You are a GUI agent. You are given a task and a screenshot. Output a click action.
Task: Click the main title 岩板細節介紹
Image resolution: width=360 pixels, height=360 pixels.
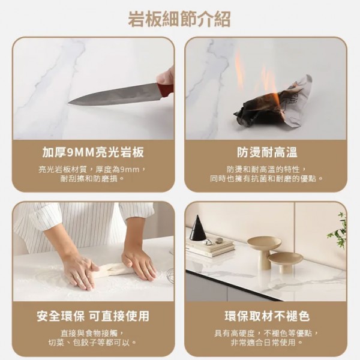tap(179, 19)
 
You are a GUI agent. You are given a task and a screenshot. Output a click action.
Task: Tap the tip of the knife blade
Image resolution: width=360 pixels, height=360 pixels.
tap(68, 104)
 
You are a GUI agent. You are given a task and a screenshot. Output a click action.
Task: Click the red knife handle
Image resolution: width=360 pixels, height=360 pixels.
tap(166, 89)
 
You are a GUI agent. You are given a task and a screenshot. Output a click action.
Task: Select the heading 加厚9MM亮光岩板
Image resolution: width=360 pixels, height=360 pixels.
tap(93, 152)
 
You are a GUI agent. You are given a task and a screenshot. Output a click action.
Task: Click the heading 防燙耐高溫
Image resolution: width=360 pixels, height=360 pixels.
tap(267, 152)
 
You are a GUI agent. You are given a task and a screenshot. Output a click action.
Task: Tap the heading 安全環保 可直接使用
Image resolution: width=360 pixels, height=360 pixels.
tap(93, 316)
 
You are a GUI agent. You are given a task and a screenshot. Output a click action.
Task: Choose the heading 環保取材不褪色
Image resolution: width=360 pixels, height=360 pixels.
tap(267, 316)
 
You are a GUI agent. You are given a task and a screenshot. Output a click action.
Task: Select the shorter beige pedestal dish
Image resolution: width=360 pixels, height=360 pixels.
tap(283, 262)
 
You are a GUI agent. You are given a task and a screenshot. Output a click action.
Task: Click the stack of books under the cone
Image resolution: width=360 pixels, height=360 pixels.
tap(210, 248)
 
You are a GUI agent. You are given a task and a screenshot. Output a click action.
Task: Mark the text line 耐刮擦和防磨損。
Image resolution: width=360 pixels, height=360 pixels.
tap(92, 179)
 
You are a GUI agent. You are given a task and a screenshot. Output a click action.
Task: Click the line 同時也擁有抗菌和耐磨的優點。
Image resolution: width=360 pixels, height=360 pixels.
tap(267, 179)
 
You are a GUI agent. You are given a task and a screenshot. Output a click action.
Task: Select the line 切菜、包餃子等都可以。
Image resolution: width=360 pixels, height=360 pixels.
tap(92, 343)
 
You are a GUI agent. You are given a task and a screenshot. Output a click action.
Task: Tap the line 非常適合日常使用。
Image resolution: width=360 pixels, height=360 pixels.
tap(267, 343)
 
